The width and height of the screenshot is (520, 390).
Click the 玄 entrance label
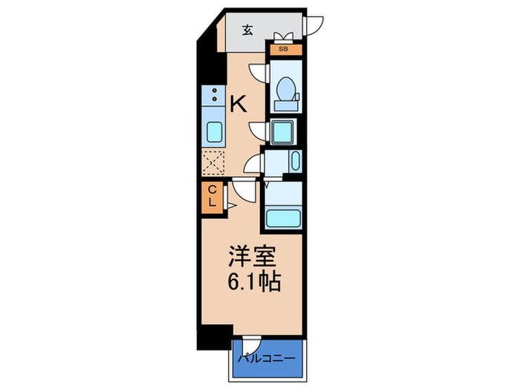tap(247, 31)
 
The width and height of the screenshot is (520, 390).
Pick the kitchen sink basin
tap(214, 131)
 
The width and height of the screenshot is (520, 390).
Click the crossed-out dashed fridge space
tap(214, 162)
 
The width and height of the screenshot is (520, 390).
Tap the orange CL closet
tap(211, 196)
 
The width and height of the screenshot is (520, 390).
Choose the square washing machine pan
tap(282, 132)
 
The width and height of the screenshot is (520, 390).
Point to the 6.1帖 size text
tap(253, 283)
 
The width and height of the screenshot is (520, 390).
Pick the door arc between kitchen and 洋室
tap(242, 189)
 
